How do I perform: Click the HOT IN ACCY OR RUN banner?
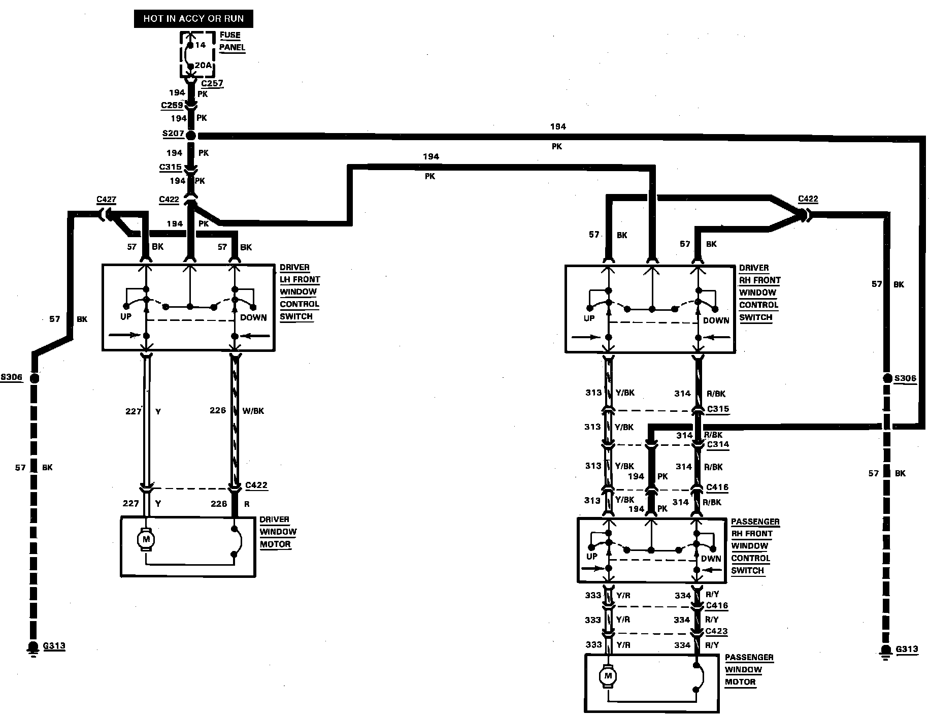(x=193, y=19)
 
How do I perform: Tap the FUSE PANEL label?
(x=232, y=41)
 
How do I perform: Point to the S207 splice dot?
(x=191, y=136)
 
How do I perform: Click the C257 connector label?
(x=212, y=83)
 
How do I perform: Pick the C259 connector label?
(x=172, y=106)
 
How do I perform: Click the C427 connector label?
(x=107, y=200)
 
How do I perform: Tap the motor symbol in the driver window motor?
(x=146, y=538)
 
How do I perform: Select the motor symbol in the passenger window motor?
(x=608, y=676)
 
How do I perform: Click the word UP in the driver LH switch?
(x=126, y=316)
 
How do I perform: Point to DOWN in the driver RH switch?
(x=716, y=320)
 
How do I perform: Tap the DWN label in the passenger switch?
(x=711, y=558)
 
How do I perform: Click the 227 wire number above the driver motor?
(x=130, y=503)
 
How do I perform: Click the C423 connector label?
(x=717, y=632)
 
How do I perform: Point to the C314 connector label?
(x=718, y=444)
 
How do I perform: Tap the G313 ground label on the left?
(x=54, y=646)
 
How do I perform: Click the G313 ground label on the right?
(x=907, y=649)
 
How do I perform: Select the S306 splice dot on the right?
(x=887, y=378)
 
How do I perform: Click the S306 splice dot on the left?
(x=34, y=378)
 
